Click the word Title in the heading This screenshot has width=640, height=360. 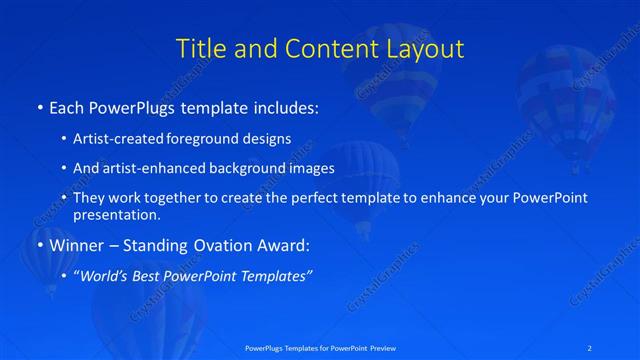[x=199, y=49]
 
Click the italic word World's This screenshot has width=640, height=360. [x=103, y=276]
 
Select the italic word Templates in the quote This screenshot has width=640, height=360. [x=278, y=276]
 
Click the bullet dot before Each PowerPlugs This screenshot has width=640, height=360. [x=38, y=107]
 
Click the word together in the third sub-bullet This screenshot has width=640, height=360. [x=170, y=198]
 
